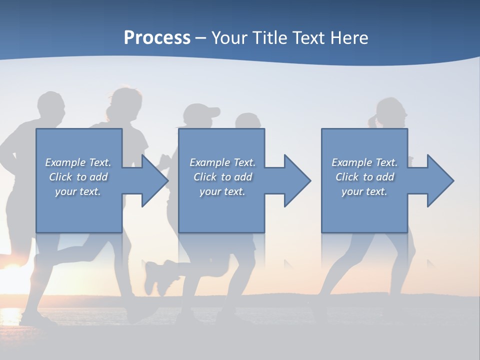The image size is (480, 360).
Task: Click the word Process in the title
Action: coord(157,38)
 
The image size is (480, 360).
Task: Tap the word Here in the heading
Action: coord(349,38)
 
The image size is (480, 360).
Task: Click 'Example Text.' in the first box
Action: coord(78,162)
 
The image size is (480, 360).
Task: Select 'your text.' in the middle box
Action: coord(222,191)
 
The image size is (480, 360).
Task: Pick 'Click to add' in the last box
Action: coord(364,177)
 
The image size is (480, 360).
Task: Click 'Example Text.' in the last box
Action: coord(364,162)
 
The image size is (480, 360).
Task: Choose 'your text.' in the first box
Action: coord(78,191)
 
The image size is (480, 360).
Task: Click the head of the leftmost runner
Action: coord(51,107)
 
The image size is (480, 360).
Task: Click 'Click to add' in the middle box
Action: coord(222,177)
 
